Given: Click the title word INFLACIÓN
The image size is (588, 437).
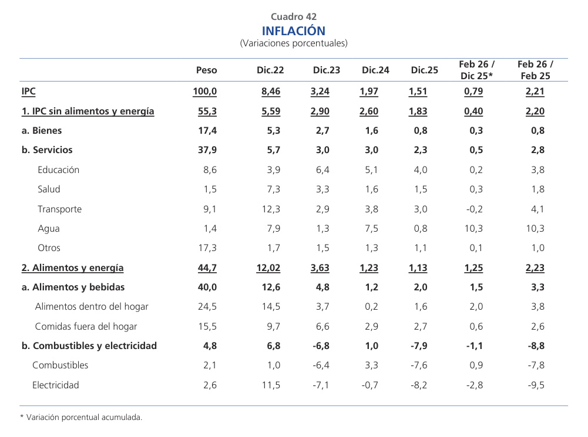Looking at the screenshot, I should [x=293, y=31].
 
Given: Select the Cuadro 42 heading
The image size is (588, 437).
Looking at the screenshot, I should [x=293, y=17].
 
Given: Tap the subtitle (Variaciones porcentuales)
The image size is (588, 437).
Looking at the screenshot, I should [x=293, y=43].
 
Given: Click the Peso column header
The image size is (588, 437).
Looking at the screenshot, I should [x=206, y=70].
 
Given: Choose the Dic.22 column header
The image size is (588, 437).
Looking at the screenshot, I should [x=270, y=70].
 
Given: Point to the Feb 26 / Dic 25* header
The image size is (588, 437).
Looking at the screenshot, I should [x=476, y=70].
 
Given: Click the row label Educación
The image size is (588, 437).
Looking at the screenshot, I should [x=58, y=170].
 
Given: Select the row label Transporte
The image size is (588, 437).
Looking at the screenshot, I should [x=59, y=209].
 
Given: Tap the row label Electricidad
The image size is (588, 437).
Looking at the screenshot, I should [x=55, y=385].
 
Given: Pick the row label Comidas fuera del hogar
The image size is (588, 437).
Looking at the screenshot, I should [x=86, y=326].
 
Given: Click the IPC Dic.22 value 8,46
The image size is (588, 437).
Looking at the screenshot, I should [x=271, y=92].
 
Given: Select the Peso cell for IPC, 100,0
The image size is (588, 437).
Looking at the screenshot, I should [x=205, y=92].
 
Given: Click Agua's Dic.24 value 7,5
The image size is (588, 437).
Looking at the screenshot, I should [x=371, y=228].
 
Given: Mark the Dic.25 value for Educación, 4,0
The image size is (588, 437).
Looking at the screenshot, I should [x=421, y=170].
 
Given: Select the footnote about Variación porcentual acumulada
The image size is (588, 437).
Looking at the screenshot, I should [x=81, y=418].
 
